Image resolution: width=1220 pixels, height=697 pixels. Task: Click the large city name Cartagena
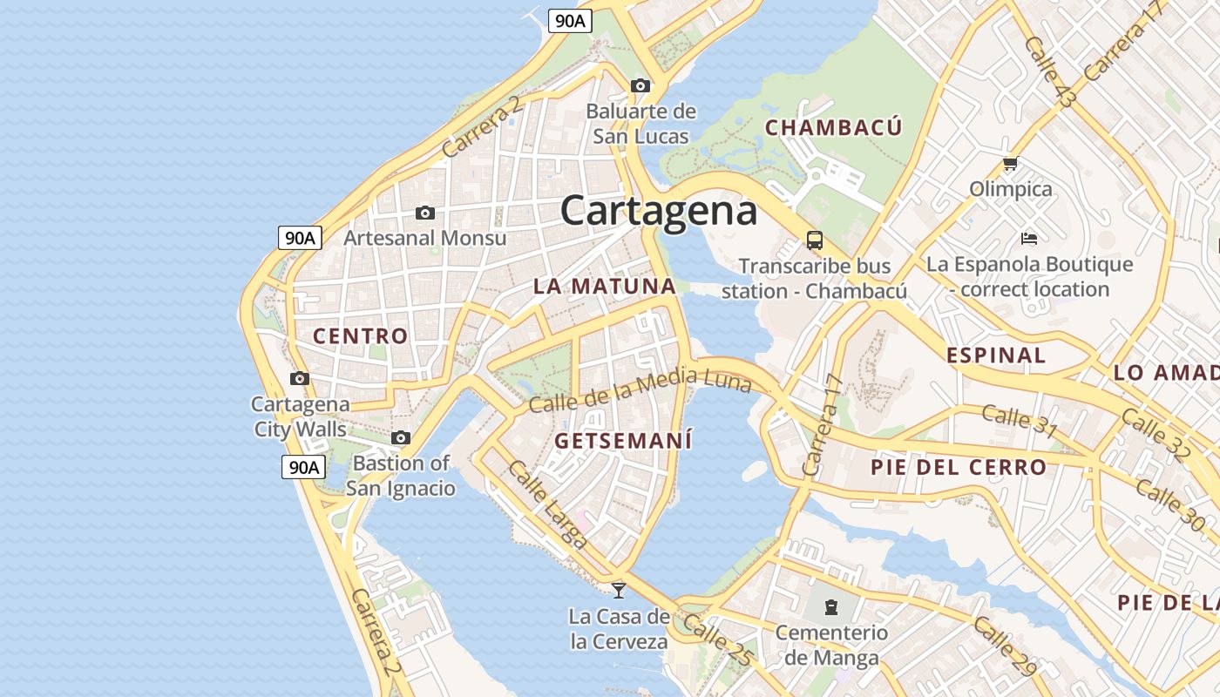point(658,211)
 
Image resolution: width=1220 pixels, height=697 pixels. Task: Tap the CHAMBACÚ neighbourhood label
point(833,128)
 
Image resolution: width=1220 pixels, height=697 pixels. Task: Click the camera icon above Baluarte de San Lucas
point(640,85)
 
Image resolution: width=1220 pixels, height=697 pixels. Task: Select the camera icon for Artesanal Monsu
point(425,213)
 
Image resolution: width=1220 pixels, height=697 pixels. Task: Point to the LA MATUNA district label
point(604,287)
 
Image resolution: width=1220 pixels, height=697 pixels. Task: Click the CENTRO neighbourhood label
point(360,336)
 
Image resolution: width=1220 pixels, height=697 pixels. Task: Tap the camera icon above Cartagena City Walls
point(300,378)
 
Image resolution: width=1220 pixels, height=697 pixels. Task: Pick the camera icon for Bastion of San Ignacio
point(401,437)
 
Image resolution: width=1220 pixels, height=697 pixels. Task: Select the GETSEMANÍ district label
point(623,441)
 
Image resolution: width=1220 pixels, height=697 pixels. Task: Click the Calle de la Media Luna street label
point(640,390)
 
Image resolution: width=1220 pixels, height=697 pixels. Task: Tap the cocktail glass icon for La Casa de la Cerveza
point(619,590)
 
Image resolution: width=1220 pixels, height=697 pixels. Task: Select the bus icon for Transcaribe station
point(814,240)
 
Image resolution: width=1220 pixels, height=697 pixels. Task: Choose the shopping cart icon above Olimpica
point(1011,164)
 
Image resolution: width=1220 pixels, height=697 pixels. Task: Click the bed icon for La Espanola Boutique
point(1029,238)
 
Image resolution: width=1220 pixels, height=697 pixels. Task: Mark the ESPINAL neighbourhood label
point(995,355)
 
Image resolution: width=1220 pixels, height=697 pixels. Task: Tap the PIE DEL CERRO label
point(958,467)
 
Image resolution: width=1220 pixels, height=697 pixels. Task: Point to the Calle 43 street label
point(1049,73)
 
